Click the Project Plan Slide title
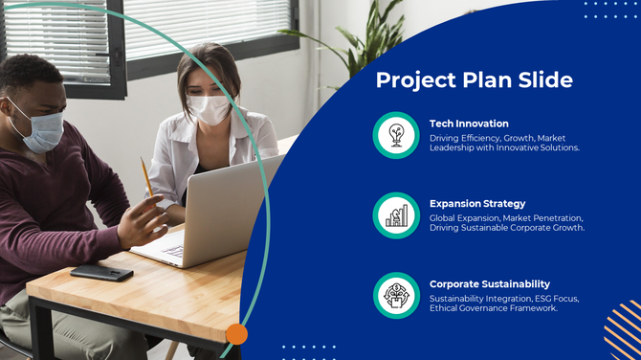474,79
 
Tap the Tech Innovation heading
469,124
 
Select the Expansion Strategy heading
477,203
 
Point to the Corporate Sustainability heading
490,283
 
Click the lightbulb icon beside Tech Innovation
396,135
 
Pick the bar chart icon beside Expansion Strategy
396,215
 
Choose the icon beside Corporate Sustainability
396,295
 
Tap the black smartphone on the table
101,272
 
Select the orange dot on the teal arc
236,334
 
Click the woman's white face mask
209,108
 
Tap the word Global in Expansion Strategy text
444,217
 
